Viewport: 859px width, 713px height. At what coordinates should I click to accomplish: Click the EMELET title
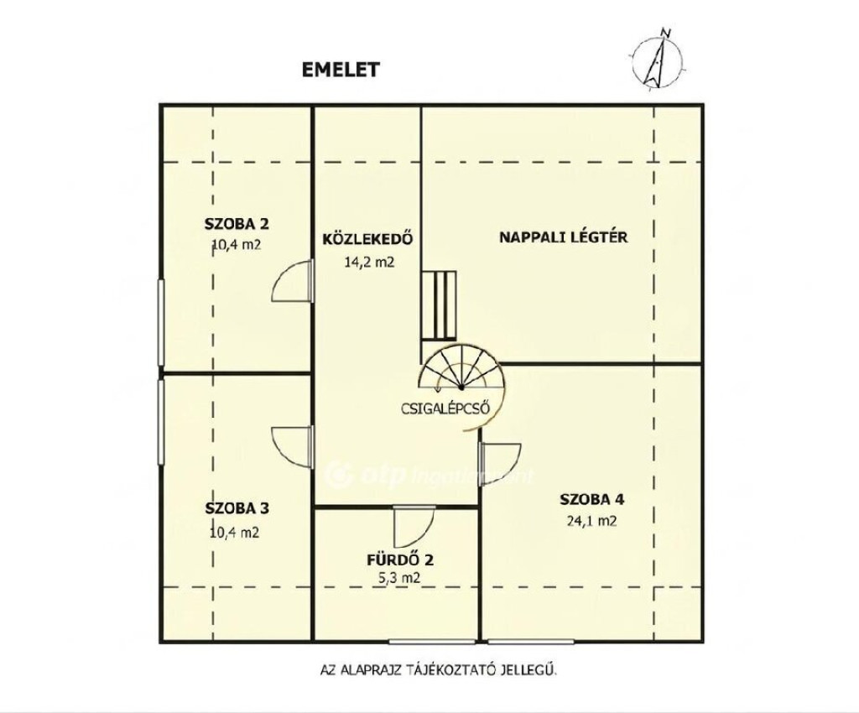(341, 70)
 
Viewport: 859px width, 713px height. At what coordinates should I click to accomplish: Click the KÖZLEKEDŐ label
(367, 239)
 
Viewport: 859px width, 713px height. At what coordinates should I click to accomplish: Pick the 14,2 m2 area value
(369, 262)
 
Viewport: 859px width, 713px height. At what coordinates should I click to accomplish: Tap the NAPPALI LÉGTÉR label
(563, 237)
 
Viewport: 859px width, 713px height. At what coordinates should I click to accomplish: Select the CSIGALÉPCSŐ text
(445, 409)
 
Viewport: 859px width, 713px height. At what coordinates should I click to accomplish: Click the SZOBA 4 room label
(591, 499)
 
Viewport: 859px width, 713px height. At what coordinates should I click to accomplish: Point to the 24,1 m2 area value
(591, 521)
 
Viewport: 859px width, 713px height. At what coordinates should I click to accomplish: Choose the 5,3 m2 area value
(400, 577)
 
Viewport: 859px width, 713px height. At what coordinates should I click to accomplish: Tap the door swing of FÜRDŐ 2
(414, 527)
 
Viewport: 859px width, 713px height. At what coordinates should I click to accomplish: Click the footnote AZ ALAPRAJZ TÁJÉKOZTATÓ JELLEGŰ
(438, 669)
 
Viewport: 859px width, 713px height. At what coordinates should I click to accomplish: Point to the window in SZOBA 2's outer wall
(161, 322)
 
